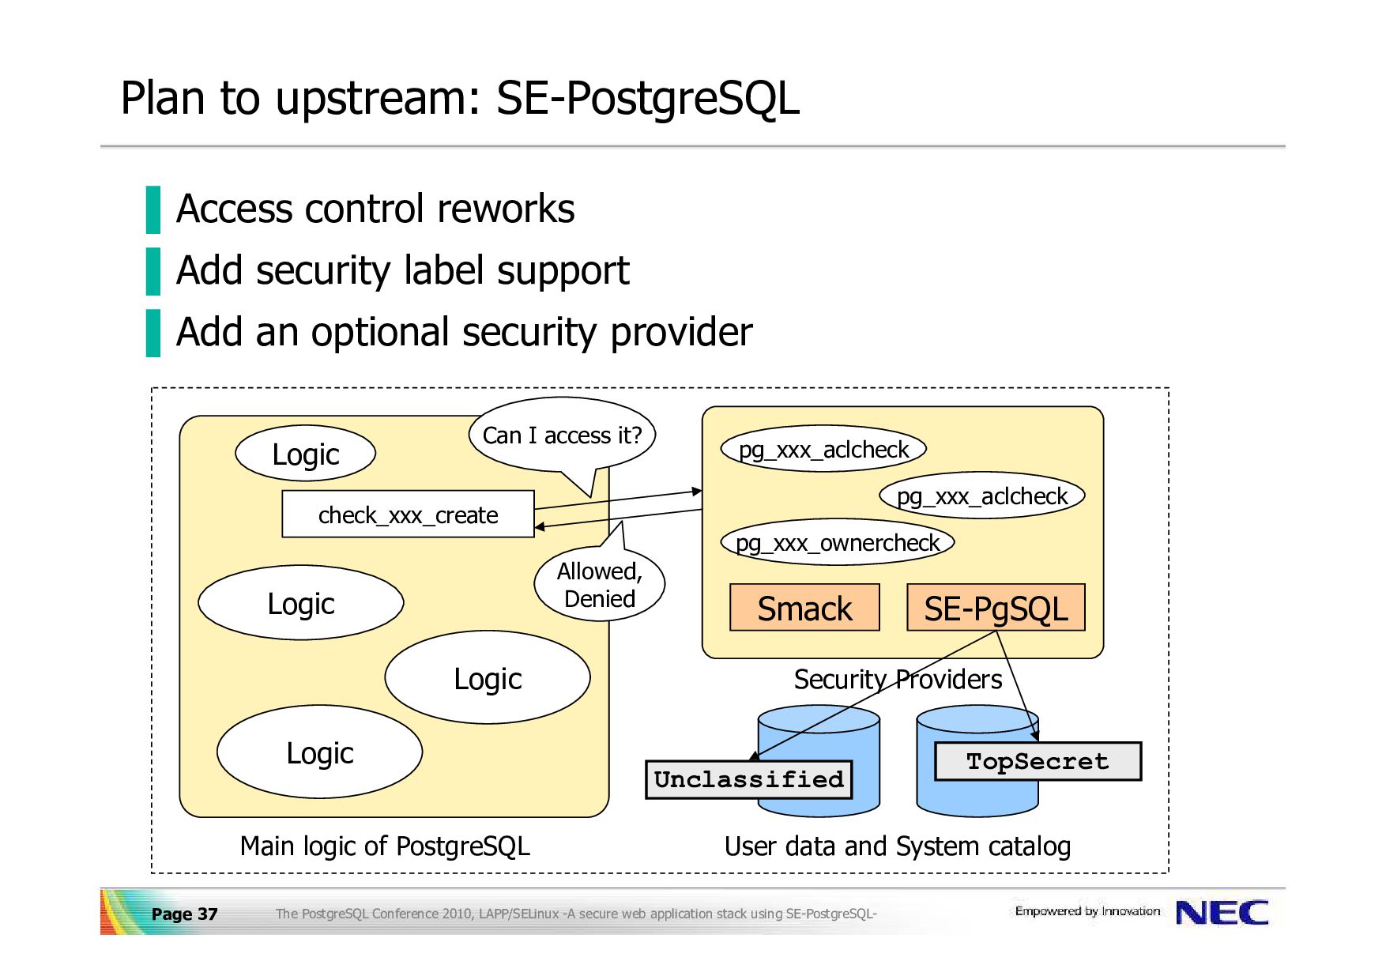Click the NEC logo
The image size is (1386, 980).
[1222, 913]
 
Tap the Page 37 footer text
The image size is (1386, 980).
[184, 914]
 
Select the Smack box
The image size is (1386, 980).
[804, 608]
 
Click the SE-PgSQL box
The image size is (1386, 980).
[996, 608]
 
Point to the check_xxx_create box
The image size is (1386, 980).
[408, 514]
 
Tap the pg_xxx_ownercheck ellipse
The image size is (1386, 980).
[838, 543]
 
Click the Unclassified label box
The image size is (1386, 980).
[749, 780]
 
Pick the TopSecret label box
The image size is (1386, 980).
[1038, 761]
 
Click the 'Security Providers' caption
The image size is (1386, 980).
[898, 680]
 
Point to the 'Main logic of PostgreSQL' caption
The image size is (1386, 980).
[385, 846]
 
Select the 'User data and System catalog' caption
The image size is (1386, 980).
[898, 846]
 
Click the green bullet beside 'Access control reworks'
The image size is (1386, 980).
[153, 209]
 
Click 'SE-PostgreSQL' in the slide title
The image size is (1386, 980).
[648, 99]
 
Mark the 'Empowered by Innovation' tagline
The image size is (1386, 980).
[1087, 911]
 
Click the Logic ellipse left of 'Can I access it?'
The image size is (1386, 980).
[305, 454]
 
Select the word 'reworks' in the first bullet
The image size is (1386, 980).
[506, 209]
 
